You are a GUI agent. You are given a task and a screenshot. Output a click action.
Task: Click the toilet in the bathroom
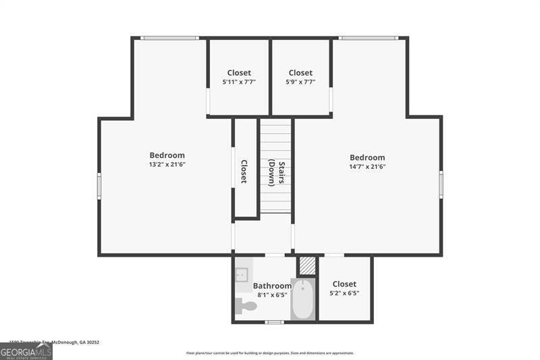(246, 306)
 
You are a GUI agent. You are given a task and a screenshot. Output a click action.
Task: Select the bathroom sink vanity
(242, 275)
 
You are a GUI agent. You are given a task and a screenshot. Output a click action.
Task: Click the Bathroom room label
(272, 286)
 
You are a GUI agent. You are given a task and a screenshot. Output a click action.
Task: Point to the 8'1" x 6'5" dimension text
(272, 294)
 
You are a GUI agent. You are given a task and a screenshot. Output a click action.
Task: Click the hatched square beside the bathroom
(307, 265)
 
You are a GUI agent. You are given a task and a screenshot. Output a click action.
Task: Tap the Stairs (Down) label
(275, 172)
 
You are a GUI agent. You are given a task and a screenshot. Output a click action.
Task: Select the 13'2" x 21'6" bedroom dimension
(167, 164)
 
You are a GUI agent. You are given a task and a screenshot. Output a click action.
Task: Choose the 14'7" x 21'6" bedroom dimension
(367, 166)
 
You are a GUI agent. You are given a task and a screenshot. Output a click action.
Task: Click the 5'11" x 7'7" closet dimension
(238, 82)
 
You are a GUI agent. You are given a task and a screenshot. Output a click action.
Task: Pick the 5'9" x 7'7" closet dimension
(300, 82)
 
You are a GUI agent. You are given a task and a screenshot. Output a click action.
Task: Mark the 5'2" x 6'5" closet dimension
(344, 293)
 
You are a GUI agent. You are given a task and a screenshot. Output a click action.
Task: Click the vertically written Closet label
(244, 172)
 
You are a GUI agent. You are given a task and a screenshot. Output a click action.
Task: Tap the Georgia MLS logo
(26, 351)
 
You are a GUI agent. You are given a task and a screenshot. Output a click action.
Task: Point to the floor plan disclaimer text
(270, 353)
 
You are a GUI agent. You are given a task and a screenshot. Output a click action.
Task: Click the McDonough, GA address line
(54, 342)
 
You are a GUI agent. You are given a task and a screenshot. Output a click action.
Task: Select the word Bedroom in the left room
(167, 155)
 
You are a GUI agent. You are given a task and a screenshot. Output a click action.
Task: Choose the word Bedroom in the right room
(367, 157)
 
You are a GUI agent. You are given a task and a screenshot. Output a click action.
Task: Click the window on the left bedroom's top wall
(169, 38)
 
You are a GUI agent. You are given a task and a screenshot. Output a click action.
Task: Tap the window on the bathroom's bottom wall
(273, 322)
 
